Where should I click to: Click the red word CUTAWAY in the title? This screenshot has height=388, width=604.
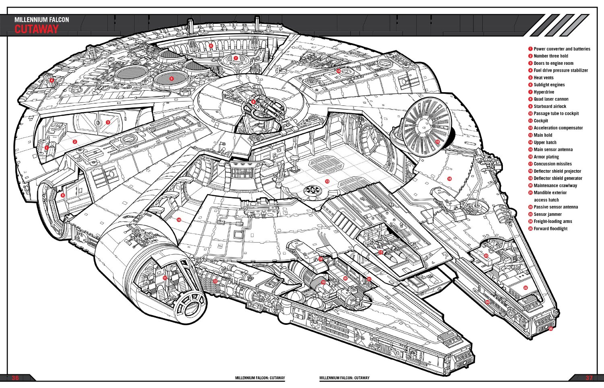36,29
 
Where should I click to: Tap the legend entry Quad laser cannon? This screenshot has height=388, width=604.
551,99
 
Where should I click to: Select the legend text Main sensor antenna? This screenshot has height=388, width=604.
553,149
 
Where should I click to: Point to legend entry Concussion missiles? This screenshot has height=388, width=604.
552,164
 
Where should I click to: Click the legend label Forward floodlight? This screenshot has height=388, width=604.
550,229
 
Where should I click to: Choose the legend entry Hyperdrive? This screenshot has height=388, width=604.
544,92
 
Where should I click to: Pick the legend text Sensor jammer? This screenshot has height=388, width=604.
548,214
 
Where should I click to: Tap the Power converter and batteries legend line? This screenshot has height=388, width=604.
562,49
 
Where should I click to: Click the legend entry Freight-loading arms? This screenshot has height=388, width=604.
552,221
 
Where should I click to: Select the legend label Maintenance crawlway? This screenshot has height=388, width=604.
555,186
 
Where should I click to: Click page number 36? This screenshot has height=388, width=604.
15,378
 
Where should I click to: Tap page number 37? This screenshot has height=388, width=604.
589,378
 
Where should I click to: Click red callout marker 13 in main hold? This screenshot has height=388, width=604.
327,182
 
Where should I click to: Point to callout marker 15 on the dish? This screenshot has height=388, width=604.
437,142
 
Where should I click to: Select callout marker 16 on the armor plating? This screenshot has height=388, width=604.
449,179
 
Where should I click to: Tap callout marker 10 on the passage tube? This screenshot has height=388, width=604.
178,220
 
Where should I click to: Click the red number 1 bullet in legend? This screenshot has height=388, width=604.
530,49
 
